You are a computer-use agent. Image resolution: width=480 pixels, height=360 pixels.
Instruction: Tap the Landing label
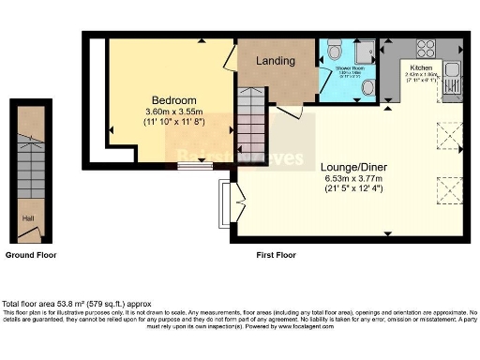(x=277, y=61)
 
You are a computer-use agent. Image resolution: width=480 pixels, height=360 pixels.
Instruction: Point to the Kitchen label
(x=420, y=68)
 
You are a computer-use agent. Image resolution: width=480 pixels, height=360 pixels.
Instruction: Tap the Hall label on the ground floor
(x=30, y=217)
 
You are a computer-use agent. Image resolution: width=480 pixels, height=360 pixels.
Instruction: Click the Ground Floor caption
(x=30, y=255)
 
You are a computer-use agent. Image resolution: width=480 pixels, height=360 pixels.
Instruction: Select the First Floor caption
(x=279, y=255)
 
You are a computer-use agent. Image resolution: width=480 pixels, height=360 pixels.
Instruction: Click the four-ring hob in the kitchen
(x=426, y=48)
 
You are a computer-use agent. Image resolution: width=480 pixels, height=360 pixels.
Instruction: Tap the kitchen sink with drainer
(x=452, y=70)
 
